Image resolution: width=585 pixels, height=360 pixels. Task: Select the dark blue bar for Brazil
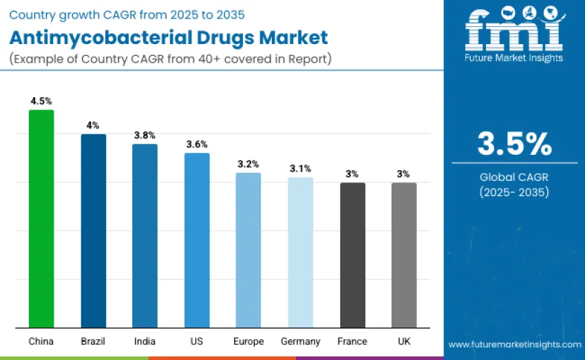click(94, 231)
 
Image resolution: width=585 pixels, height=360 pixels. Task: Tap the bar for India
click(145, 235)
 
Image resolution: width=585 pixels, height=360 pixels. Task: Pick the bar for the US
click(197, 240)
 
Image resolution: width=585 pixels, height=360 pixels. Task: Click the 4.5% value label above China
click(41, 100)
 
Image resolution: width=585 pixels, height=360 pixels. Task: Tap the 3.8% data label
click(145, 135)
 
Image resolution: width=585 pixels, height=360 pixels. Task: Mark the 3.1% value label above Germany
click(300, 168)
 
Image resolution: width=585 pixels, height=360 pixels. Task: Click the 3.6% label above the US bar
click(197, 144)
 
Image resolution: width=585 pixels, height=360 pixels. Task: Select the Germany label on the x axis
click(300, 341)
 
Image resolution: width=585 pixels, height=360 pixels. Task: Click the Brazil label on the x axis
click(94, 341)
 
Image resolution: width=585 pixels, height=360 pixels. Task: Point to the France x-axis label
click(352, 341)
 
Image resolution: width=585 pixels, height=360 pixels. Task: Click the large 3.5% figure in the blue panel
click(514, 144)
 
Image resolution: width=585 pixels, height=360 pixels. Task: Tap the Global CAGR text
click(514, 178)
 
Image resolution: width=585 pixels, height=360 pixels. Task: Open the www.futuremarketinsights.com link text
click(514, 343)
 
